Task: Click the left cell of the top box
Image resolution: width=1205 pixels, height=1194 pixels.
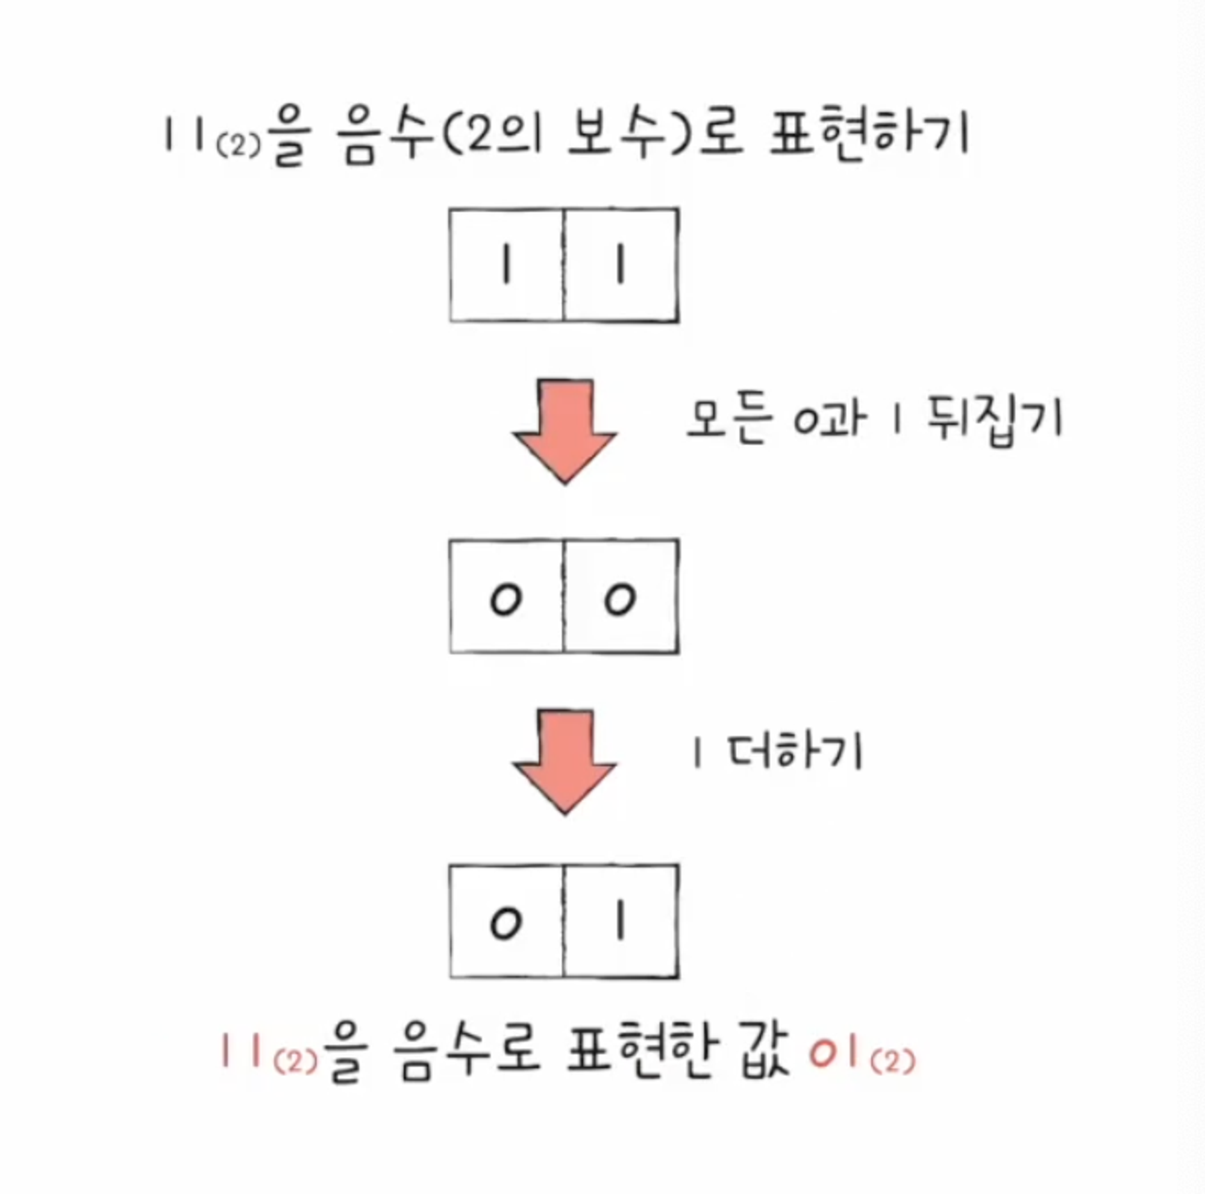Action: (x=507, y=266)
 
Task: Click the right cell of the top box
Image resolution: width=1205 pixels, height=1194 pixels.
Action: (x=621, y=266)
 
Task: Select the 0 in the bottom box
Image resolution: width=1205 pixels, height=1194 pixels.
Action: (x=505, y=924)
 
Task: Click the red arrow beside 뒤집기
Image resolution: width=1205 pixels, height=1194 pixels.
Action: (x=565, y=430)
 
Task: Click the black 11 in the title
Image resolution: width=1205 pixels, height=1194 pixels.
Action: (x=184, y=135)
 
